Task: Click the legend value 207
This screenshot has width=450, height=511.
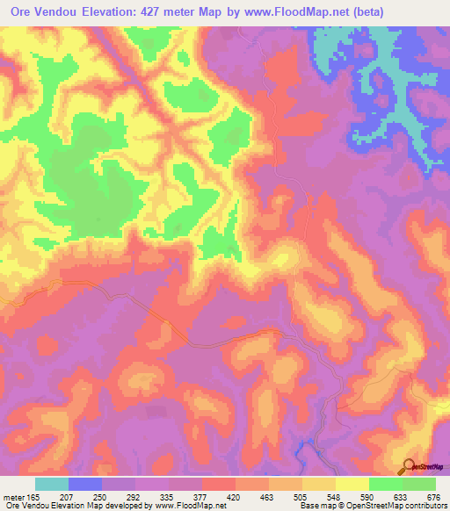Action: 70,497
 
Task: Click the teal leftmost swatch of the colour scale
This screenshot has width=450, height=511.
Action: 52,484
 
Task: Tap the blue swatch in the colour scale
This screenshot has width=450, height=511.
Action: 85,484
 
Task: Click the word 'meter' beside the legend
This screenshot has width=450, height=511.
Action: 13,497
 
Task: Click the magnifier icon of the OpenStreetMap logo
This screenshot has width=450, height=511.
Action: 410,466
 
